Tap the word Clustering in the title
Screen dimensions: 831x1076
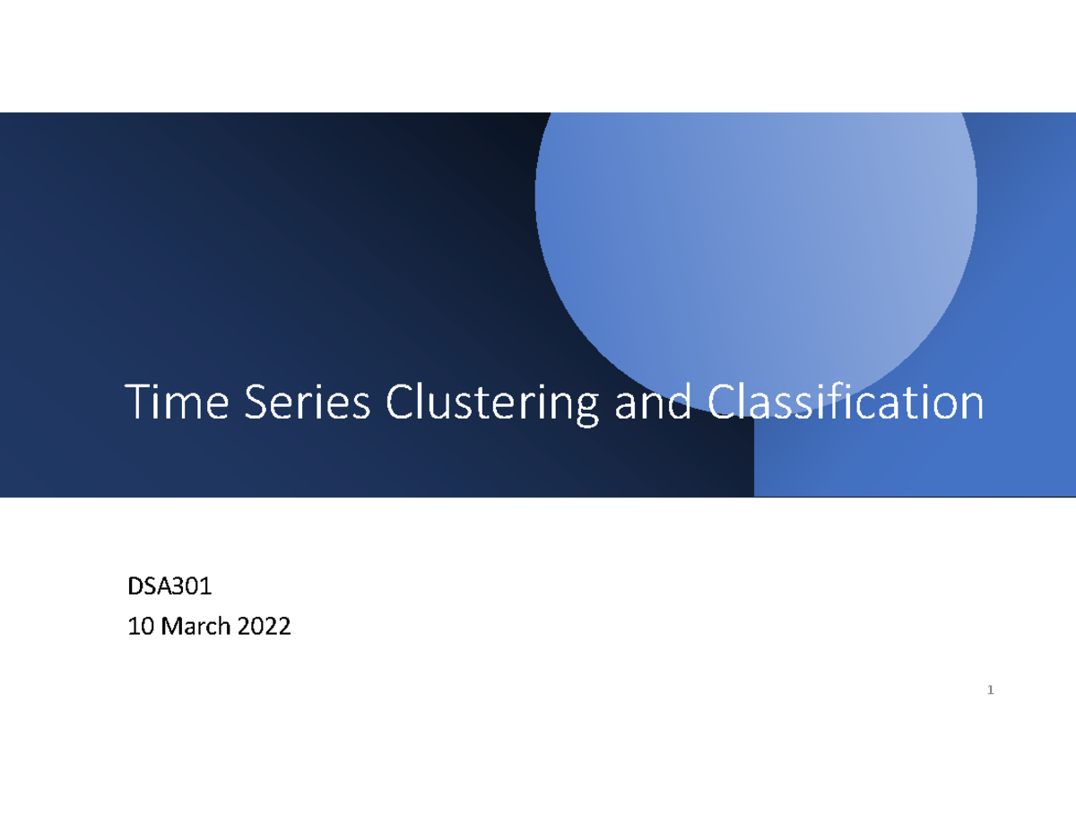(491, 405)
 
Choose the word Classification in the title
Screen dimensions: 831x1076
(846, 403)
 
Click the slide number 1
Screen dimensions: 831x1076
(990, 690)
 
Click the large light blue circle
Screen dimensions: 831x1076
(756, 224)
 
